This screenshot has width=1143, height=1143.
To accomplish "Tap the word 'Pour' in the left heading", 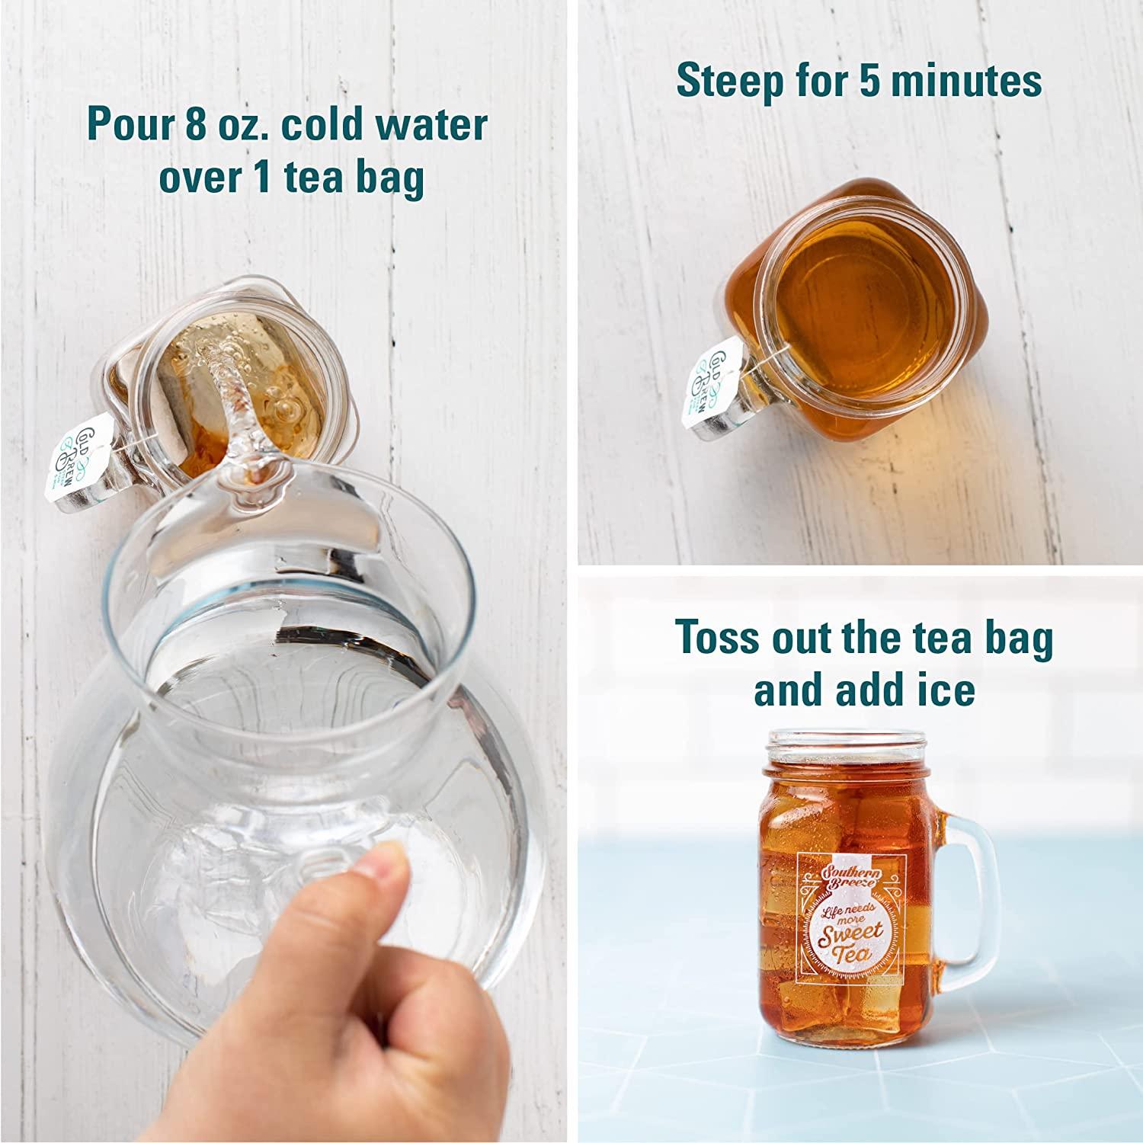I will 130,125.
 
